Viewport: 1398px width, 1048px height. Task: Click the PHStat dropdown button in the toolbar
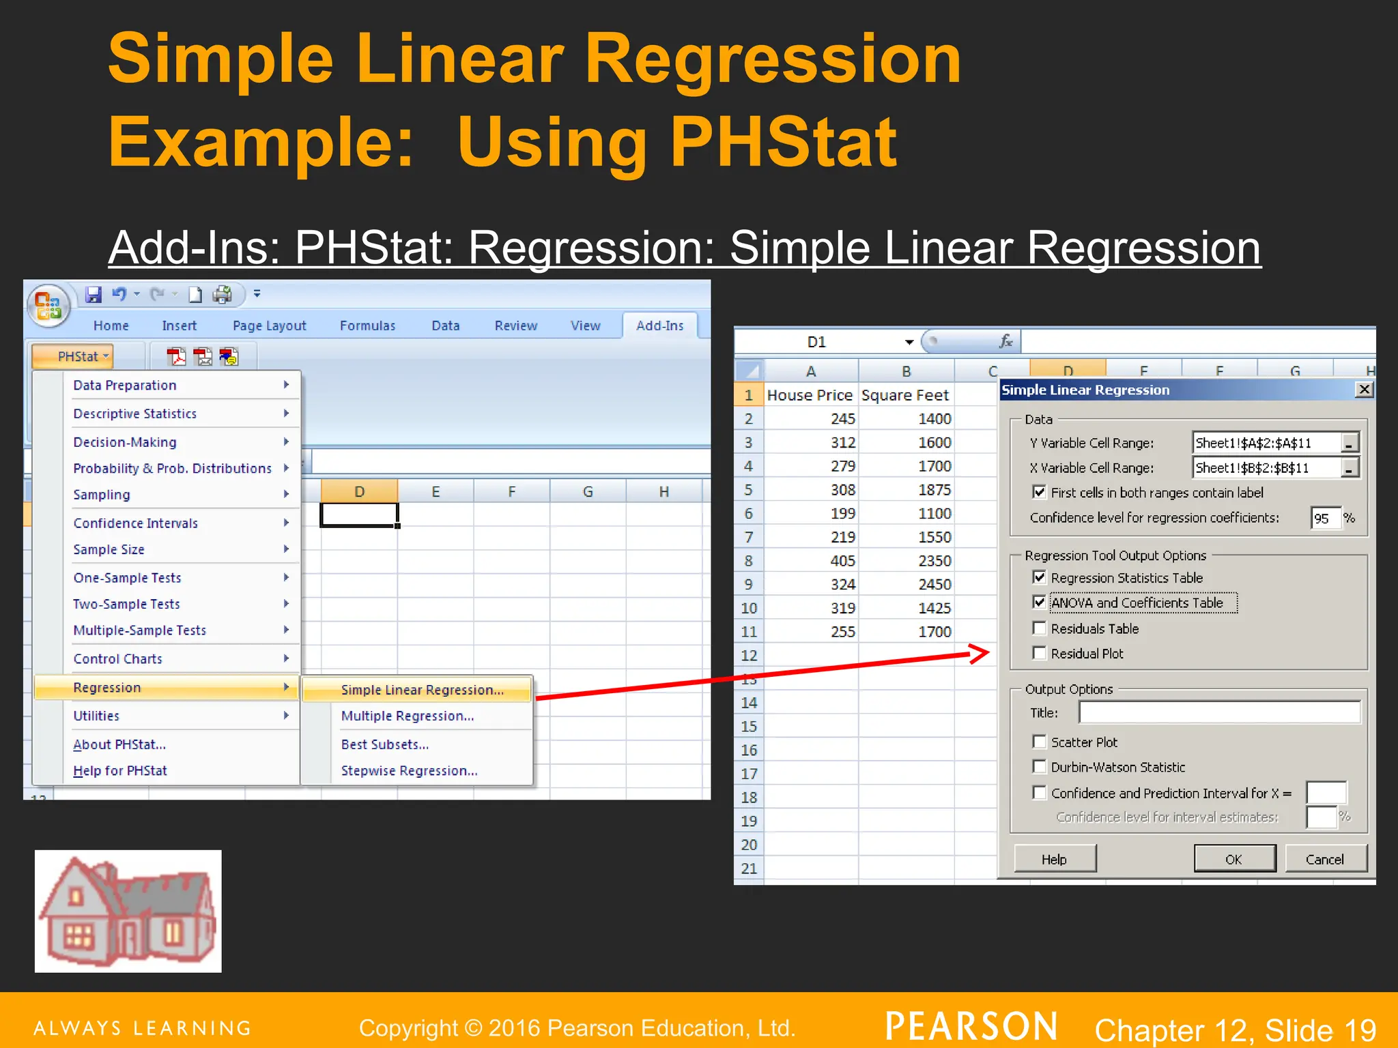point(83,356)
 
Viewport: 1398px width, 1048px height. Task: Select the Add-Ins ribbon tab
point(659,325)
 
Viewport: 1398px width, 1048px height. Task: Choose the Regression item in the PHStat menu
point(107,687)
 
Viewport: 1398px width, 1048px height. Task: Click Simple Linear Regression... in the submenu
point(422,690)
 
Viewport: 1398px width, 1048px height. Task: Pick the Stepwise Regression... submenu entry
point(409,770)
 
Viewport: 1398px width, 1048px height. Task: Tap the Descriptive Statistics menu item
point(135,413)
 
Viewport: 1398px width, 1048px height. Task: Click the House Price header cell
point(810,395)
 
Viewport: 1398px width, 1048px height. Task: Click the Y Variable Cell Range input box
point(1267,443)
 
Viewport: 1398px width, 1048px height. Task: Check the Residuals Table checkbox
point(1040,628)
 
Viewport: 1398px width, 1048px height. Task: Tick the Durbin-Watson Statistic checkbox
point(1040,767)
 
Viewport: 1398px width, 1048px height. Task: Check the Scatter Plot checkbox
point(1040,742)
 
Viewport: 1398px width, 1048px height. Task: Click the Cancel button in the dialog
point(1324,859)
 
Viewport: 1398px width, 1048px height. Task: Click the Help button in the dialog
point(1054,859)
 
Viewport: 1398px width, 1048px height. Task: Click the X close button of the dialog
point(1364,390)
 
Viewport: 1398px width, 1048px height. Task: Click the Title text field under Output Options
point(1218,712)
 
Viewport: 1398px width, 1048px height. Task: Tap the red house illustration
point(128,911)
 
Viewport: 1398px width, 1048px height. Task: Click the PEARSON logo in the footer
point(971,1026)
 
